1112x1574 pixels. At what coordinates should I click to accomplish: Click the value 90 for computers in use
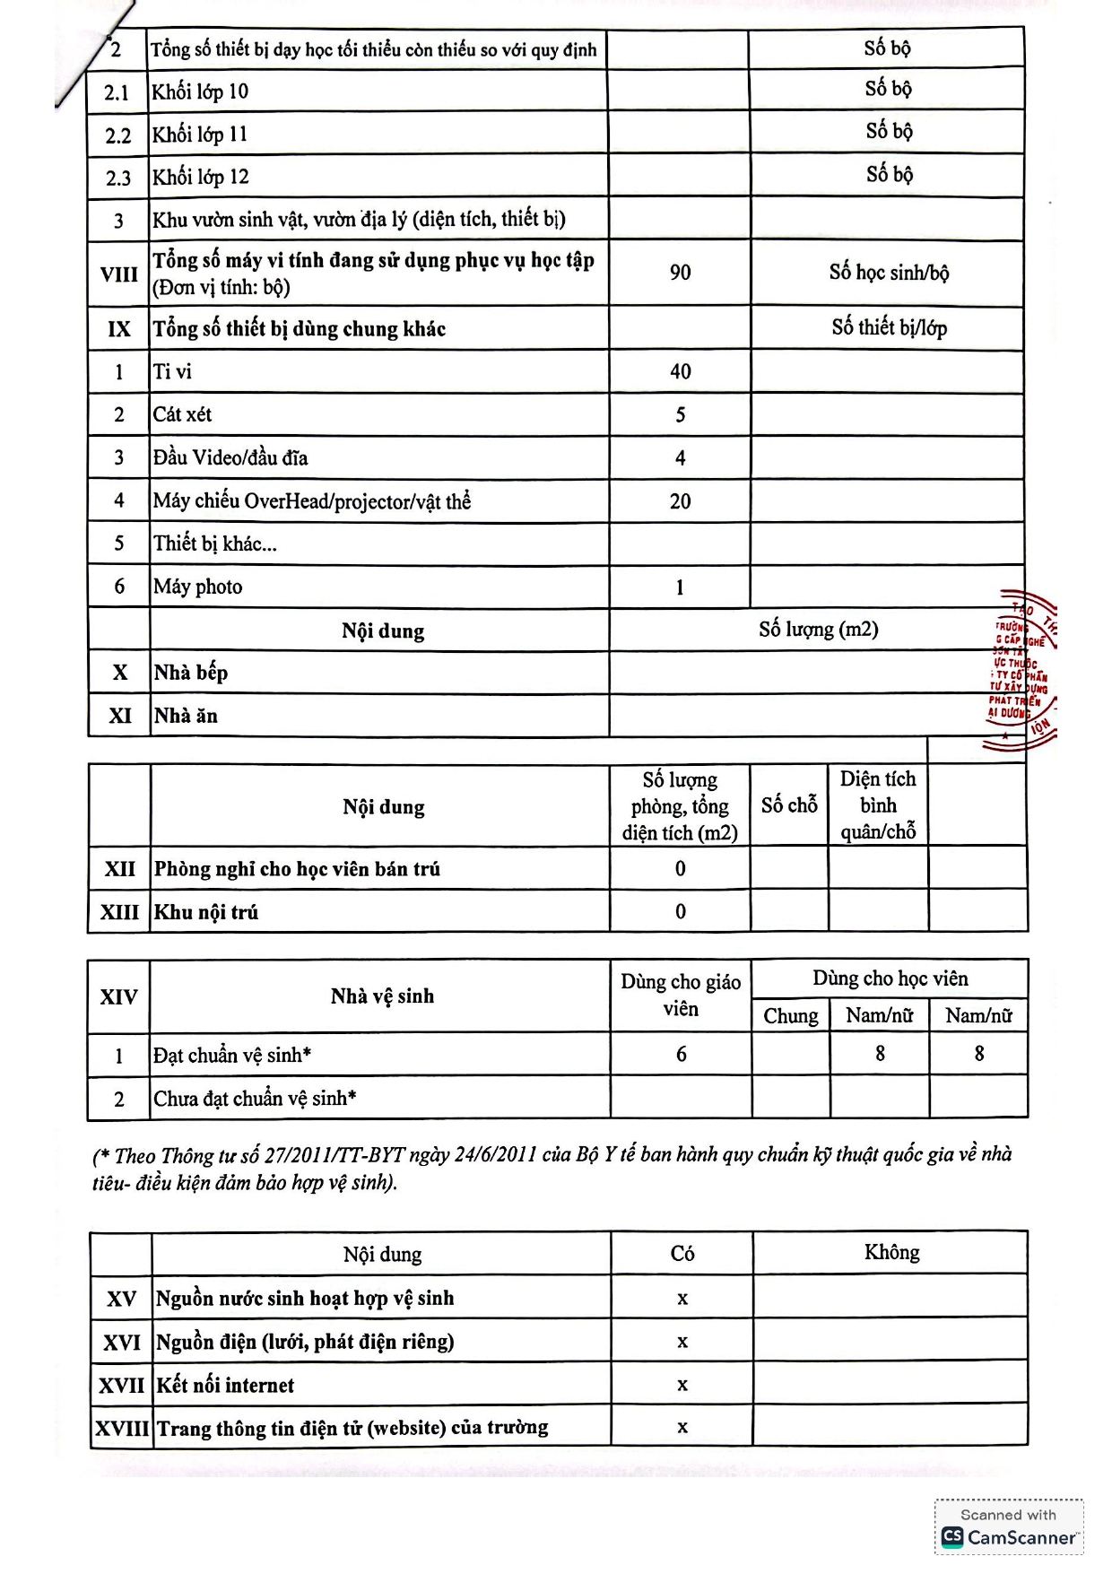click(680, 273)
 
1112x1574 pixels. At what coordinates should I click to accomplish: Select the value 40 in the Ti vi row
click(680, 371)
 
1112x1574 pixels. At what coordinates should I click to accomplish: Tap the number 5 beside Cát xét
click(680, 414)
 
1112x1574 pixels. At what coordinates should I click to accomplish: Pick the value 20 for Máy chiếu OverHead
click(680, 501)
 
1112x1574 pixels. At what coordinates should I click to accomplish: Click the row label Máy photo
click(197, 587)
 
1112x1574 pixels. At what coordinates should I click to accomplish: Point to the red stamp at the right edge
click(1023, 669)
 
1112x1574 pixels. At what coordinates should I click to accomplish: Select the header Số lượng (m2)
click(818, 630)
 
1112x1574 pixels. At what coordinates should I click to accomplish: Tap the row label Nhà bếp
click(190, 673)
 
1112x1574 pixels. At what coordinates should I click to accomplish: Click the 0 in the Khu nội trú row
click(680, 912)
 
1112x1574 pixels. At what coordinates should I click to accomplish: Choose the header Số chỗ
click(789, 805)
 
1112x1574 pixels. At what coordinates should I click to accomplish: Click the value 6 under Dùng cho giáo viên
click(681, 1055)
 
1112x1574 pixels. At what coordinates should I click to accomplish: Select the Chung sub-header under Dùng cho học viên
click(790, 1016)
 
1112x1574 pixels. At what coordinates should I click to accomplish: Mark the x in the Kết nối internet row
click(682, 1385)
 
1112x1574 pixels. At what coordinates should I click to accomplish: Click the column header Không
click(891, 1252)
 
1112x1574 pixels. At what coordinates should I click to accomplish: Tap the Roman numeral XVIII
click(121, 1428)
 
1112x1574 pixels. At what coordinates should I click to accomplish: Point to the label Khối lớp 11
click(199, 135)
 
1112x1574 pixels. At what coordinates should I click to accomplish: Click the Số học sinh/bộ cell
click(888, 273)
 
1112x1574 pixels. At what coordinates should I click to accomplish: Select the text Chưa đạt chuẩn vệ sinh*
click(255, 1099)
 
